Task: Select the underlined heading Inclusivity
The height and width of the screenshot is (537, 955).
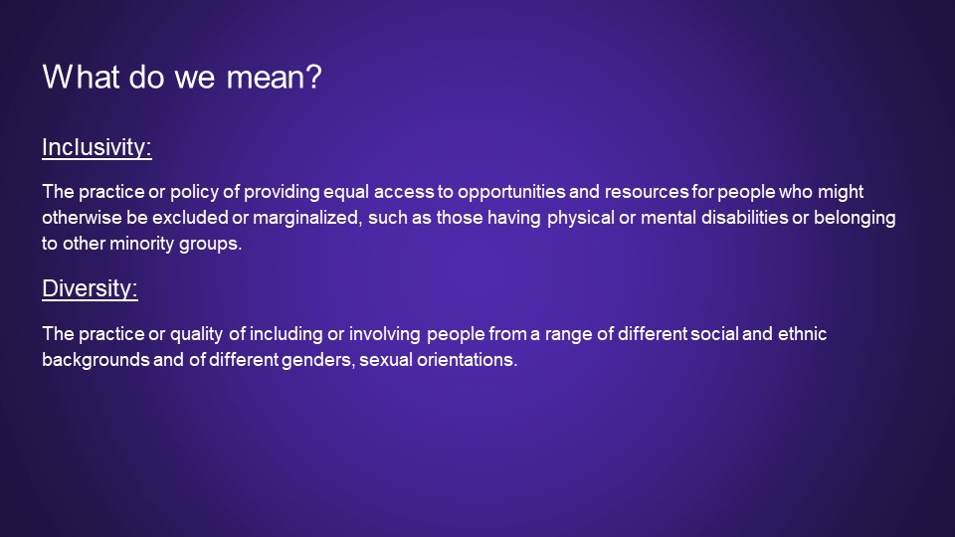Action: coord(96,147)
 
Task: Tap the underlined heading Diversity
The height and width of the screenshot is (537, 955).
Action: coord(91,288)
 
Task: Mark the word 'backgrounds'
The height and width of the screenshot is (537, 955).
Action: coord(95,360)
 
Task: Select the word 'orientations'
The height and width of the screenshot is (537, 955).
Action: coord(468,360)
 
